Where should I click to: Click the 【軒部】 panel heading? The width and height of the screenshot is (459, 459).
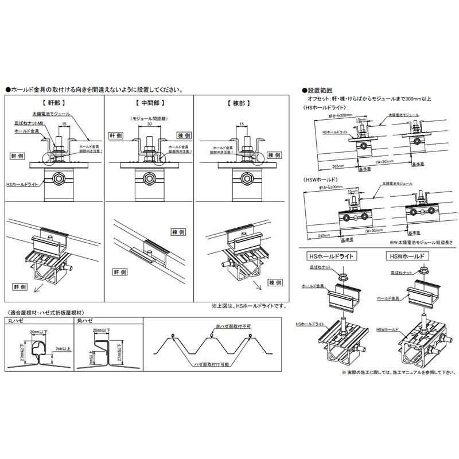[54, 104]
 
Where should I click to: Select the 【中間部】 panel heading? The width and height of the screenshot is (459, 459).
[149, 104]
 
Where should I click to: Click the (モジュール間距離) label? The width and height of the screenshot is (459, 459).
[149, 118]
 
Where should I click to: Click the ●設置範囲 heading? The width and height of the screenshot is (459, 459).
[321, 91]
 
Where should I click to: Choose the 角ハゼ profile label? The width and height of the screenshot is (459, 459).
[84, 321]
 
